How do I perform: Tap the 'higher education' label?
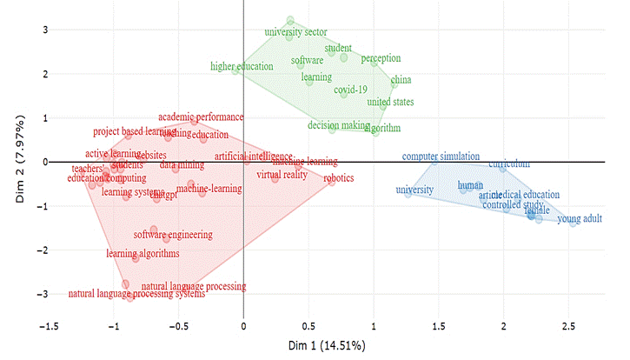[x=242, y=66]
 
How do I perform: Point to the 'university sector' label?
[x=295, y=32]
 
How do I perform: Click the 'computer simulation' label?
[x=441, y=157]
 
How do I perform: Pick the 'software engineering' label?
[x=174, y=235]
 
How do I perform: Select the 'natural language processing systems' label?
[x=136, y=295]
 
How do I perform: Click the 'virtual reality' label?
[x=282, y=175]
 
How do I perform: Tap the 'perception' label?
[x=381, y=58]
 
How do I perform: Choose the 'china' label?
[x=401, y=81]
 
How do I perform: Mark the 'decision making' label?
[x=338, y=125]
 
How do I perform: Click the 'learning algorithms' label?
[x=143, y=253]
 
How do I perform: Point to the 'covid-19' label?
[x=350, y=90]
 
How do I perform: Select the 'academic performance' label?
[x=201, y=117]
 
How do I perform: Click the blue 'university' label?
[x=414, y=190]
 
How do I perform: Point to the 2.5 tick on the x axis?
[x=569, y=325]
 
